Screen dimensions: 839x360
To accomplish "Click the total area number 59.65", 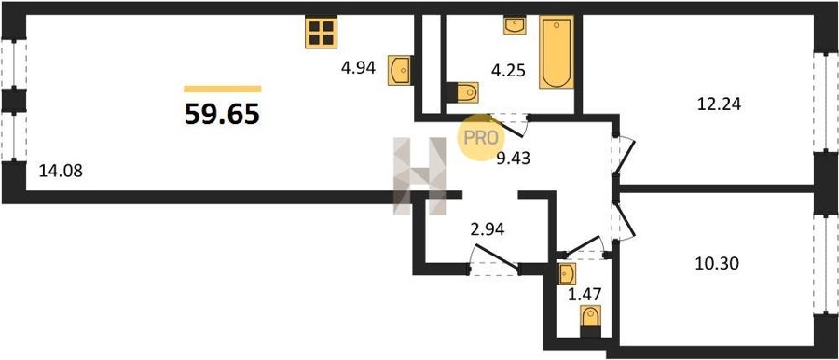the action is (222, 114).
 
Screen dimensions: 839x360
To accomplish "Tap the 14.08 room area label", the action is (61, 172).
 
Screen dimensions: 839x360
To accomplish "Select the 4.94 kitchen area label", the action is (358, 67).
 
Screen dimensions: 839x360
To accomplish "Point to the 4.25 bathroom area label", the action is (509, 71).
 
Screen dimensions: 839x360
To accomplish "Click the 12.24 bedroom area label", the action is (719, 104).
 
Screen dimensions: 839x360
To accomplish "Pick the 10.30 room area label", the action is (717, 264).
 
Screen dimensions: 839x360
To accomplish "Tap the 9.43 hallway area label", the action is (513, 159).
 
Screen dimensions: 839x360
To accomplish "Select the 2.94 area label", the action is (487, 231).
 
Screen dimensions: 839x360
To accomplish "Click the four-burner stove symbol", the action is (321, 32).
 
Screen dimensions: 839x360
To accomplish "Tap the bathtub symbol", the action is (557, 52).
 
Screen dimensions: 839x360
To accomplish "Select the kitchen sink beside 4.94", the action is (400, 70).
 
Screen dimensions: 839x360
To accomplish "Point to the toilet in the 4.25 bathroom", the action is (462, 92).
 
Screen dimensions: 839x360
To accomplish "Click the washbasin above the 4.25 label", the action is (515, 25).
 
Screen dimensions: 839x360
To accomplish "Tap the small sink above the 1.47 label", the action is (567, 274).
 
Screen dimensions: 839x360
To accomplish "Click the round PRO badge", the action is (480, 138).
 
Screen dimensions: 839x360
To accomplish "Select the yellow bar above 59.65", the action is (223, 89).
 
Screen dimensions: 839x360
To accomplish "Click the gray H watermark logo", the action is (420, 176).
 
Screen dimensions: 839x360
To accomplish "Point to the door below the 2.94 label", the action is (494, 257).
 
